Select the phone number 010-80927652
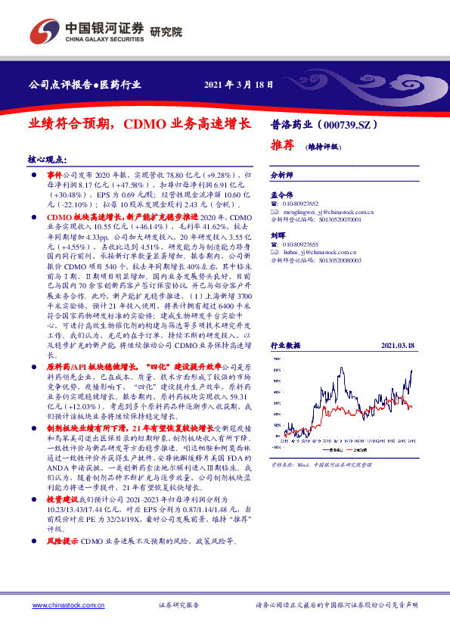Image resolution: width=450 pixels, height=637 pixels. point(301,204)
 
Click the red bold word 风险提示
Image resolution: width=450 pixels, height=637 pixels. point(62,542)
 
